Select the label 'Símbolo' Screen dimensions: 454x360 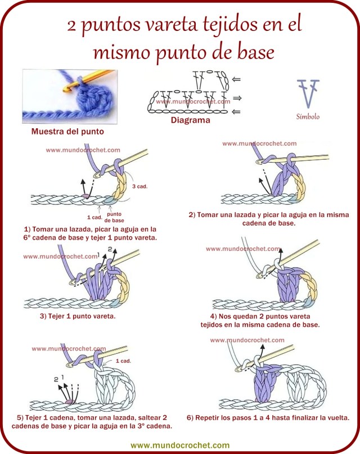coord(308,117)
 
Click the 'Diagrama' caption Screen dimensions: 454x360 coord(190,120)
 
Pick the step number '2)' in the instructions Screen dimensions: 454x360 coord(192,214)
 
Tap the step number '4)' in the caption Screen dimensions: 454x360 coord(214,316)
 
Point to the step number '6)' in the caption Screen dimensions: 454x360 coord(190,417)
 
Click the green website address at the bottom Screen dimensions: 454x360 coord(180,444)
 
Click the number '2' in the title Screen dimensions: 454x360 coord(72,25)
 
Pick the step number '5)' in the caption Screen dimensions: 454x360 coord(21,417)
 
